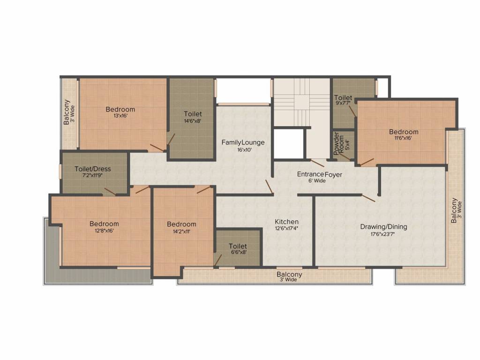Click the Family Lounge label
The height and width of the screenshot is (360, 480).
coord(243,142)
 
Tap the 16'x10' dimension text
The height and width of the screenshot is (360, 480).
coord(244,150)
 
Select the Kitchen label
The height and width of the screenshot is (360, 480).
coord(286,222)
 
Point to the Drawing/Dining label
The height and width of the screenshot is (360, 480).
coord(383,227)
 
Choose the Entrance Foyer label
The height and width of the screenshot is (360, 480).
coord(319,174)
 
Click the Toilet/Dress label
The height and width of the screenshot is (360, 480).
coord(93,169)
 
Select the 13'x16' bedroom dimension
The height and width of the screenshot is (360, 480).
coord(120,116)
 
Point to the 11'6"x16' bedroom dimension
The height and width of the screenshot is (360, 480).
coord(404,138)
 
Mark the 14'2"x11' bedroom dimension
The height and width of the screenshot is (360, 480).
coord(181,231)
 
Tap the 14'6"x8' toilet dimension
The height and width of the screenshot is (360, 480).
coord(193,120)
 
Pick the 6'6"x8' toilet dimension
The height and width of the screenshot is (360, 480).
coord(238,252)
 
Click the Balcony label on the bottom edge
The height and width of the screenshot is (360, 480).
coord(289,274)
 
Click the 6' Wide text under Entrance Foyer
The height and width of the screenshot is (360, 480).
coord(316,180)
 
